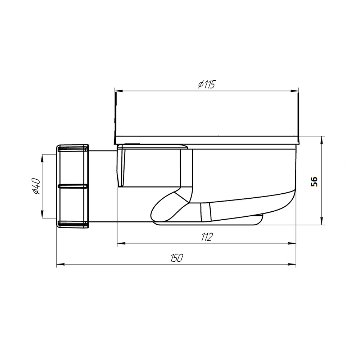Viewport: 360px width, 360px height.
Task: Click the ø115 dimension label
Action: (x=207, y=85)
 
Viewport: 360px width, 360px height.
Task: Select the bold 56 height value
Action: (x=314, y=181)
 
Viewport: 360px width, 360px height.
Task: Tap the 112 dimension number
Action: (x=207, y=237)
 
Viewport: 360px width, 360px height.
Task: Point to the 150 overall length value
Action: (x=176, y=258)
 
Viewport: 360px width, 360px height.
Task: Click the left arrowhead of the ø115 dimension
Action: (x=118, y=91)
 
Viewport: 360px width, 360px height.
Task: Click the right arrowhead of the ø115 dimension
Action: (x=295, y=91)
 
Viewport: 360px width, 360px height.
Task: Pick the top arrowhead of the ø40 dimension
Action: (x=42, y=158)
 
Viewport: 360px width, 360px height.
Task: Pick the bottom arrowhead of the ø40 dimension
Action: (x=42, y=214)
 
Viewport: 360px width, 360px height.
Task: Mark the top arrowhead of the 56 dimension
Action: (x=321, y=140)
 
